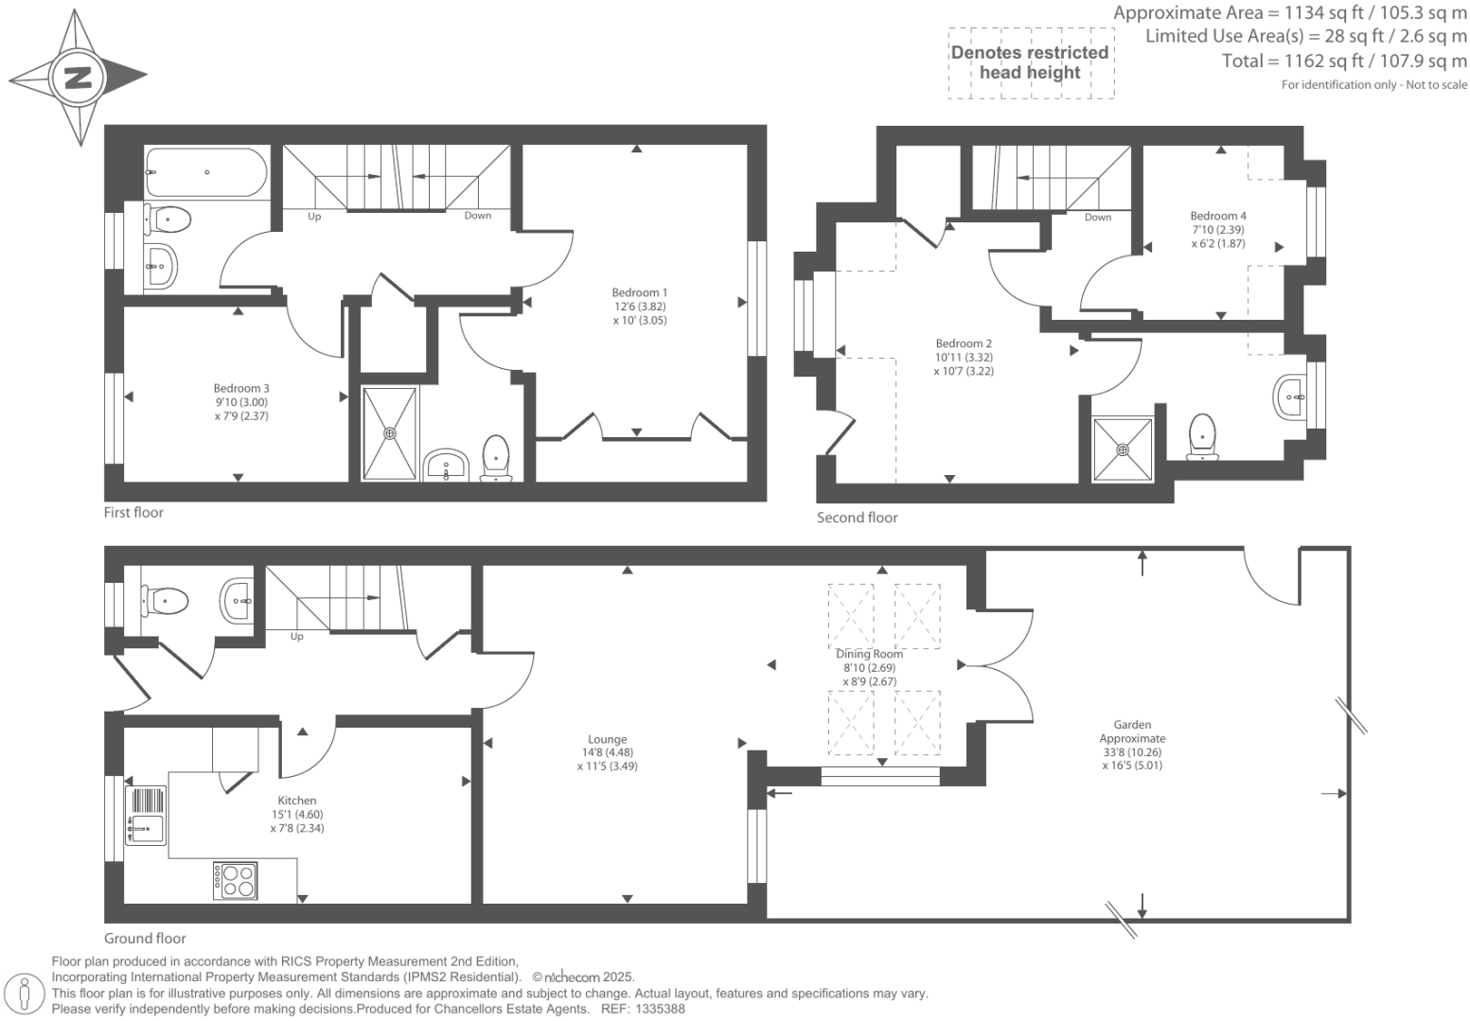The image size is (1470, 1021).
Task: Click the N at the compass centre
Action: (x=78, y=77)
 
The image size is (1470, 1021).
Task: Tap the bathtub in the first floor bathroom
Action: (x=205, y=172)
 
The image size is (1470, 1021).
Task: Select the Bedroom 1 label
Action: (x=639, y=293)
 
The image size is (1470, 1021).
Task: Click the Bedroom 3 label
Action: (x=241, y=389)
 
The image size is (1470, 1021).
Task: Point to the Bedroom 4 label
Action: (x=1218, y=216)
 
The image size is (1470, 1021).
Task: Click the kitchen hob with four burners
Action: (x=236, y=881)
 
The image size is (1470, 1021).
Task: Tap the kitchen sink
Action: (x=146, y=815)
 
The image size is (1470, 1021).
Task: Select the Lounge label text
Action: (x=607, y=740)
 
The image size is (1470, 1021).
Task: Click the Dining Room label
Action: (x=869, y=654)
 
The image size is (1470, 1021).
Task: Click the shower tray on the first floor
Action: (x=389, y=433)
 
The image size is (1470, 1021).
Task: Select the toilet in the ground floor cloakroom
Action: (x=166, y=599)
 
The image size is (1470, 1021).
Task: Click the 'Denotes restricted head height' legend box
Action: (x=1030, y=62)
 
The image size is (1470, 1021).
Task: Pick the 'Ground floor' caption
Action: (x=145, y=939)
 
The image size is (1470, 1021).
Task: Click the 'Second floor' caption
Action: (x=857, y=518)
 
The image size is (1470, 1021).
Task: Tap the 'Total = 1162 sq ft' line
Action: (x=1344, y=62)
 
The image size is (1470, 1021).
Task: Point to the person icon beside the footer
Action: (x=26, y=994)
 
